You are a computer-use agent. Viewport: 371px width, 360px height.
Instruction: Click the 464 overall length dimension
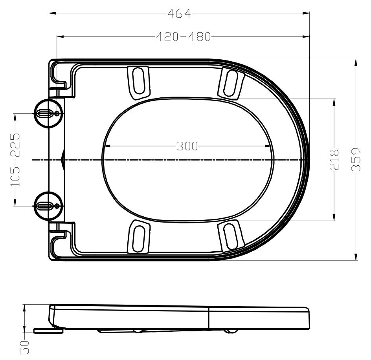coord(179,13)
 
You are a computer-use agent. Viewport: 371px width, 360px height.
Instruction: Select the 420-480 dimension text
coord(184,37)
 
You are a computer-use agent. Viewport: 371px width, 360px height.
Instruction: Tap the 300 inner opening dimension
coord(187,147)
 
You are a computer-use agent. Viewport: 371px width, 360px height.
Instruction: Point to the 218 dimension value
coord(334,159)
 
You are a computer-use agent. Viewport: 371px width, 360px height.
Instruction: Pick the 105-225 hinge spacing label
coord(15,159)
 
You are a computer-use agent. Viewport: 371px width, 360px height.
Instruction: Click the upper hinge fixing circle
coord(48,113)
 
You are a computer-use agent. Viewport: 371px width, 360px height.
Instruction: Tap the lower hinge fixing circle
coord(48,205)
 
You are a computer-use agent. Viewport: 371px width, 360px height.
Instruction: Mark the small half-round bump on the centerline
coord(63,160)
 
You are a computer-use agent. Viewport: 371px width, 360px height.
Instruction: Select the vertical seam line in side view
coord(208,318)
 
